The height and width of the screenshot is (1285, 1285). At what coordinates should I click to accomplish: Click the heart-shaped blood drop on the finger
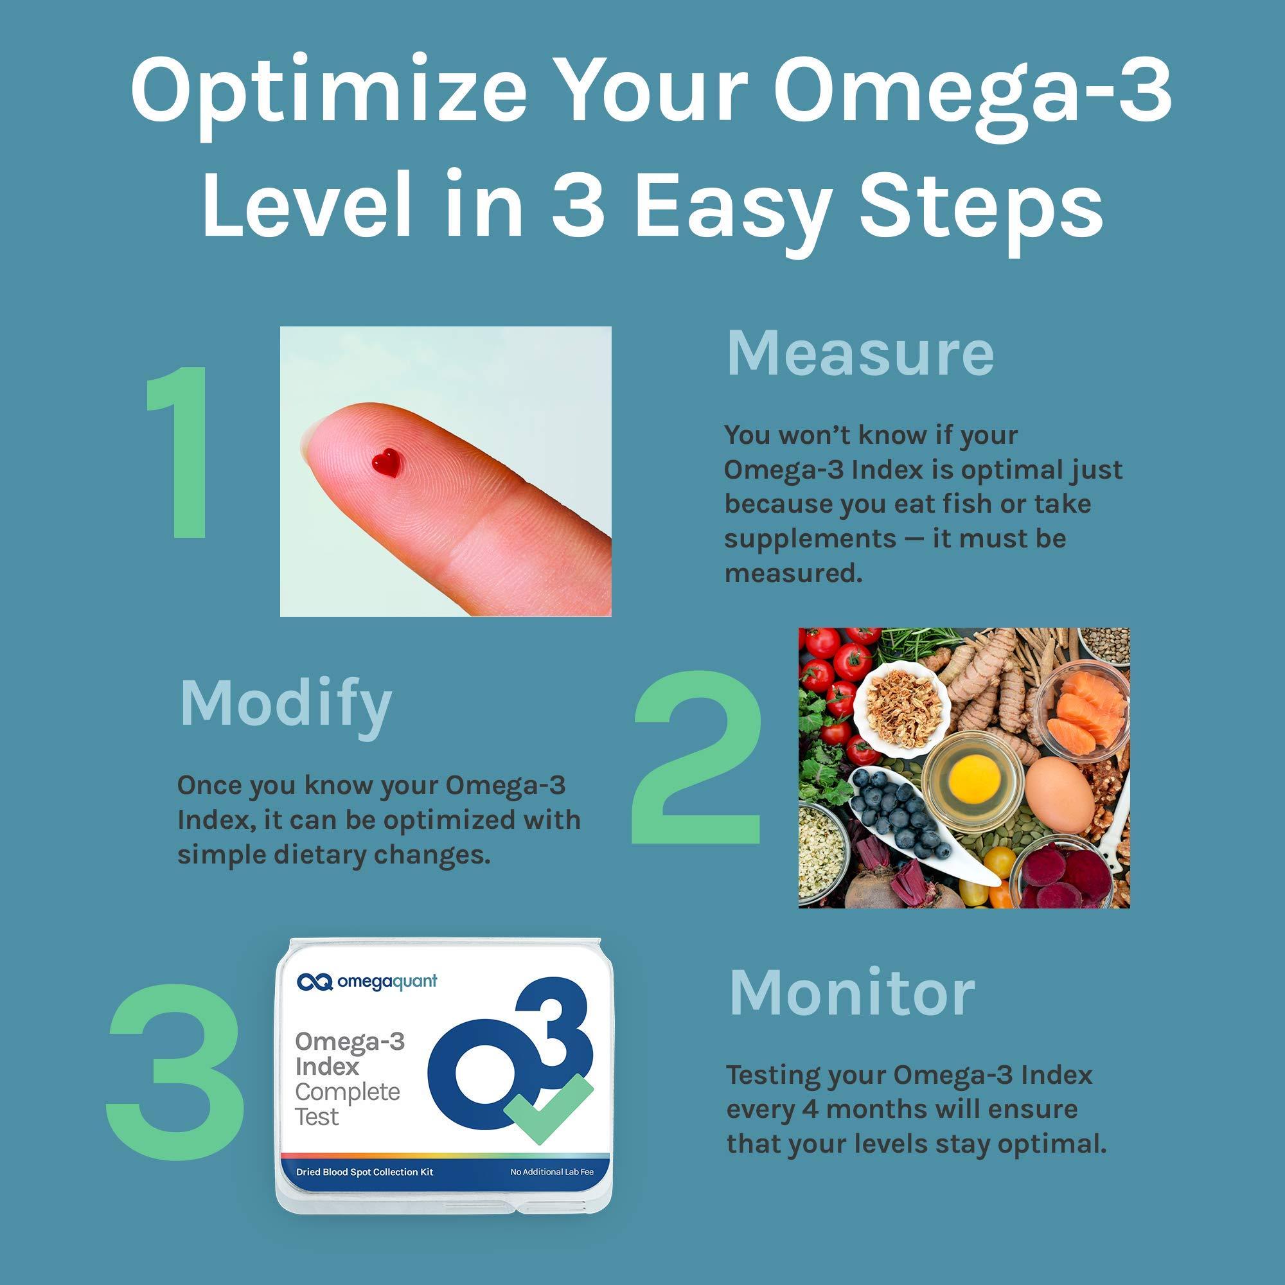point(386,461)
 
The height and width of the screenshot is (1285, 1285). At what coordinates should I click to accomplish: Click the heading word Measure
point(860,354)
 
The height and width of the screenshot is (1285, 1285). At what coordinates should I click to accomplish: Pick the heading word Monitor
point(852,995)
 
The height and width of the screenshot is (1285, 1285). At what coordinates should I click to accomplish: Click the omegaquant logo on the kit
point(367,982)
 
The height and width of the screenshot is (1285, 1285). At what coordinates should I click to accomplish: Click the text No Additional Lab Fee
point(551,1172)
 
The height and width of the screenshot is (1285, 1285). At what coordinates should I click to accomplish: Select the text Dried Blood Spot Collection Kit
point(364,1172)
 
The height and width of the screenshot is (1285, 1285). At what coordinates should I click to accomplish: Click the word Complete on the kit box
point(347,1092)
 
